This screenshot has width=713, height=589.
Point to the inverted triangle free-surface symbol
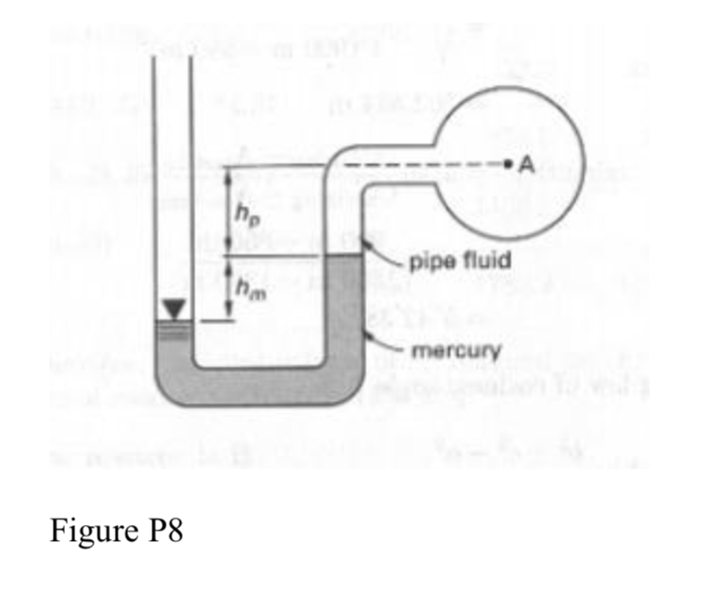171,309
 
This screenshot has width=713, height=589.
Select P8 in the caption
166,531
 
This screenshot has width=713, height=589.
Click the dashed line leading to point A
423,165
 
